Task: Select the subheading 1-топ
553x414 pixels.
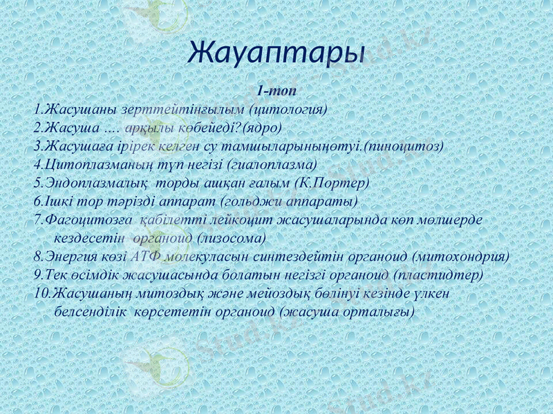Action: pos(276,90)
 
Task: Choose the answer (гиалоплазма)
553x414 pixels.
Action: pos(276,165)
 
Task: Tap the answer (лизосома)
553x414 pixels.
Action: pos(232,238)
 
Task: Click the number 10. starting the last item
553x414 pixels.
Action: pos(42,293)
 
